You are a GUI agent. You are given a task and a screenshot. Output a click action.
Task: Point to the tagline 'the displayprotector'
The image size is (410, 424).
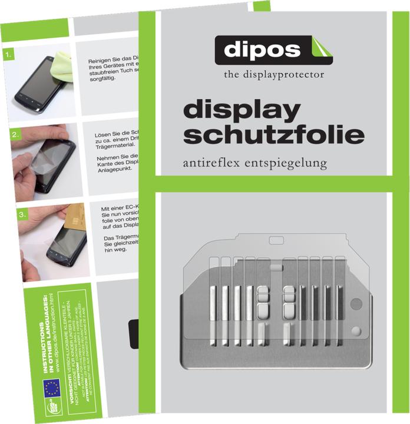pyautogui.click(x=273, y=75)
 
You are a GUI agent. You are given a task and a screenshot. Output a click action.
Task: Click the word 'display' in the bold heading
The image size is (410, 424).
pyautogui.click(x=242, y=110)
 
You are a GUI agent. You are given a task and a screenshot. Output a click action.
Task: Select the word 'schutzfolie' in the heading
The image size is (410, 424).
pyautogui.click(x=273, y=135)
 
